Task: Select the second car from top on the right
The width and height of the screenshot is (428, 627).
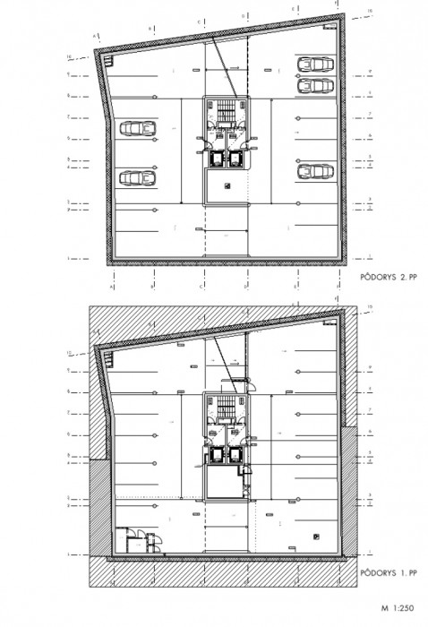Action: (x=313, y=86)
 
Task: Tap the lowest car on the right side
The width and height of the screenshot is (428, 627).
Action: (x=313, y=169)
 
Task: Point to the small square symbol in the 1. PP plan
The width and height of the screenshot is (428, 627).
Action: (x=317, y=535)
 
